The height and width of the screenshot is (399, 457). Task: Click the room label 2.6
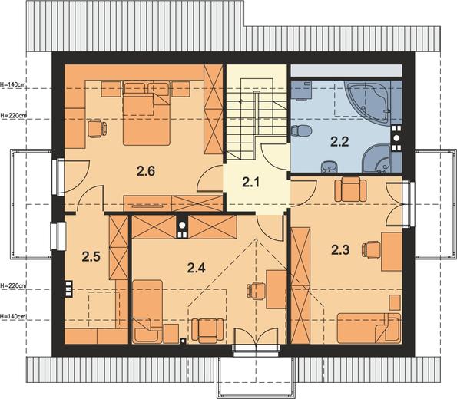coord(146,171)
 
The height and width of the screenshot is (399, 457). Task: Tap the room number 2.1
coord(250,183)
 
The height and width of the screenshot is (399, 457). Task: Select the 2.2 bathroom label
coord(339,142)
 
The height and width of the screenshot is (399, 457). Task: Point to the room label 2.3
coord(340,250)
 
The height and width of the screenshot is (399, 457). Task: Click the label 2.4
coord(196,268)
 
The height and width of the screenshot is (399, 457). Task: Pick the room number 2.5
coord(91,257)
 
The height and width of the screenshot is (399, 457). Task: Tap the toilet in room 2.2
coord(301,130)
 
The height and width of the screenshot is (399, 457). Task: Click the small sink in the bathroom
coord(329,167)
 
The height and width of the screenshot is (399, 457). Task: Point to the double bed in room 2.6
coord(146,114)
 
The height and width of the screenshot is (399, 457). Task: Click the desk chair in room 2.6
coord(97,128)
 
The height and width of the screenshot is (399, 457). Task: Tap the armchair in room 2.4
coord(207,331)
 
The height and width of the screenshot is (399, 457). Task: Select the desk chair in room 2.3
coord(371,250)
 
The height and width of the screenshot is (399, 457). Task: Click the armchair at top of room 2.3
coord(350,189)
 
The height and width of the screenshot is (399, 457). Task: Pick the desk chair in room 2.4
coord(257,291)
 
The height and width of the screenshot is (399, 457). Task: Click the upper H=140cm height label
coord(13,84)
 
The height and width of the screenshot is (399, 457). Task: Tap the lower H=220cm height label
coord(13,285)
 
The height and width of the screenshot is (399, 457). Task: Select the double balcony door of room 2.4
coord(256,337)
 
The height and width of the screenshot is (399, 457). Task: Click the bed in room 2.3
coord(369,328)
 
